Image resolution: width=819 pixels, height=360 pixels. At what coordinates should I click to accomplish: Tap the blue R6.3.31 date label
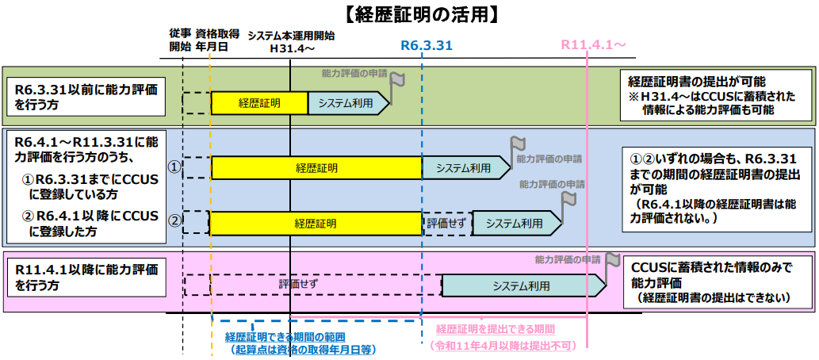pos(426,45)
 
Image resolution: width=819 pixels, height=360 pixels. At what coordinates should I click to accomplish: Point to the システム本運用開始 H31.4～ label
pos(291,42)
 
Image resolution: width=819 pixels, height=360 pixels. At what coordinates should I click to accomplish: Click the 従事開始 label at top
pos(180,40)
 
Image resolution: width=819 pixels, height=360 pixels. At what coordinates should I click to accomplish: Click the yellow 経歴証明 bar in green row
pos(259,102)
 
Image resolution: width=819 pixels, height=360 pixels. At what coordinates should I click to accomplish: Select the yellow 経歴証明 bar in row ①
pos(316,167)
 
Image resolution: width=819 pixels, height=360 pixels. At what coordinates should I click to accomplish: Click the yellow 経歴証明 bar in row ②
pos(316,223)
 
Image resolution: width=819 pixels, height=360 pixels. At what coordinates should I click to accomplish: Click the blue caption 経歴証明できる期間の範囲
pos(302,337)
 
